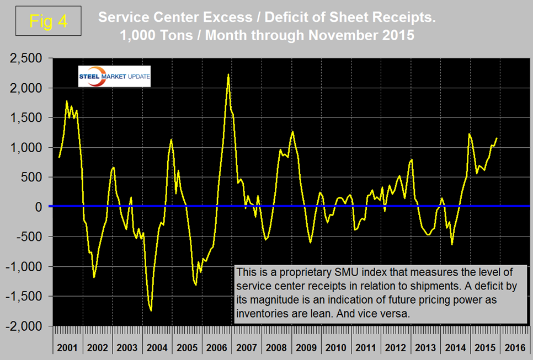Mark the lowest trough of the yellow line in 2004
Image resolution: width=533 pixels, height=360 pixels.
(151, 311)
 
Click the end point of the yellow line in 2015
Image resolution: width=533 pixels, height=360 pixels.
(497, 138)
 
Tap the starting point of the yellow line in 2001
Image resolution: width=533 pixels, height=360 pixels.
(59, 158)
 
